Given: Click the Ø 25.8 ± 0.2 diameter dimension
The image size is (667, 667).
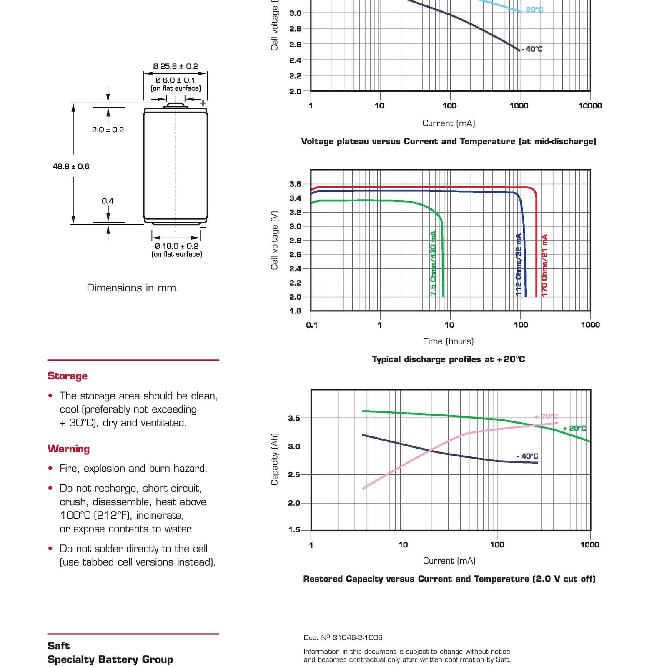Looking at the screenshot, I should point(176,66).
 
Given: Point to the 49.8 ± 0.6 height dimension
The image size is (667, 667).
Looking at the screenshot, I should point(71,166).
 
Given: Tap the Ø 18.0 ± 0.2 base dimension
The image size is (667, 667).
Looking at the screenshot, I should point(176,246).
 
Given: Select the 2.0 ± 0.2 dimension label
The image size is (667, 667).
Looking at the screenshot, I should point(108,130).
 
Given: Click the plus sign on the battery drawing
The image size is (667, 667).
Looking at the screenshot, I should point(203,103).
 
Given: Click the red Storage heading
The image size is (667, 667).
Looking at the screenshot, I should point(68,376).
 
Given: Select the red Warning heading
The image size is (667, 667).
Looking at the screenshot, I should point(68,449).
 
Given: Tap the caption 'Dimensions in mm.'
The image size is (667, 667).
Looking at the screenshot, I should point(133,288).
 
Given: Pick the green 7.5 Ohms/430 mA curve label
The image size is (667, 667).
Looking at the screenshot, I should point(433,263).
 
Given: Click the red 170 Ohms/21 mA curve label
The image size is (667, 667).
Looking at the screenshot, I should point(544,265).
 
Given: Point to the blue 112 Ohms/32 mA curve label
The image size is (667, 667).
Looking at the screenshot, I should point(519,265).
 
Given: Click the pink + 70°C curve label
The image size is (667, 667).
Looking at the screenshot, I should point(546,416).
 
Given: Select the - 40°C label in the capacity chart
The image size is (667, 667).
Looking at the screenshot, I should point(527,456).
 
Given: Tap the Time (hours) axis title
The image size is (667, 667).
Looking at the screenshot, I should point(449,341).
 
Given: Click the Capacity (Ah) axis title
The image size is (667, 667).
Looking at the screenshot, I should point(274,459).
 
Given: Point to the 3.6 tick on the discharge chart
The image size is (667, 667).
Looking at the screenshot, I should point(295,184).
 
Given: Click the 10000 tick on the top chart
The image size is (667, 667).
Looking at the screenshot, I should point(590,106).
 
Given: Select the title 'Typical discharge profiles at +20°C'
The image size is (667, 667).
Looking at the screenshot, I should point(449,359).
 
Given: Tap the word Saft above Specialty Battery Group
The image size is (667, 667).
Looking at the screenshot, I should point(58,646).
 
